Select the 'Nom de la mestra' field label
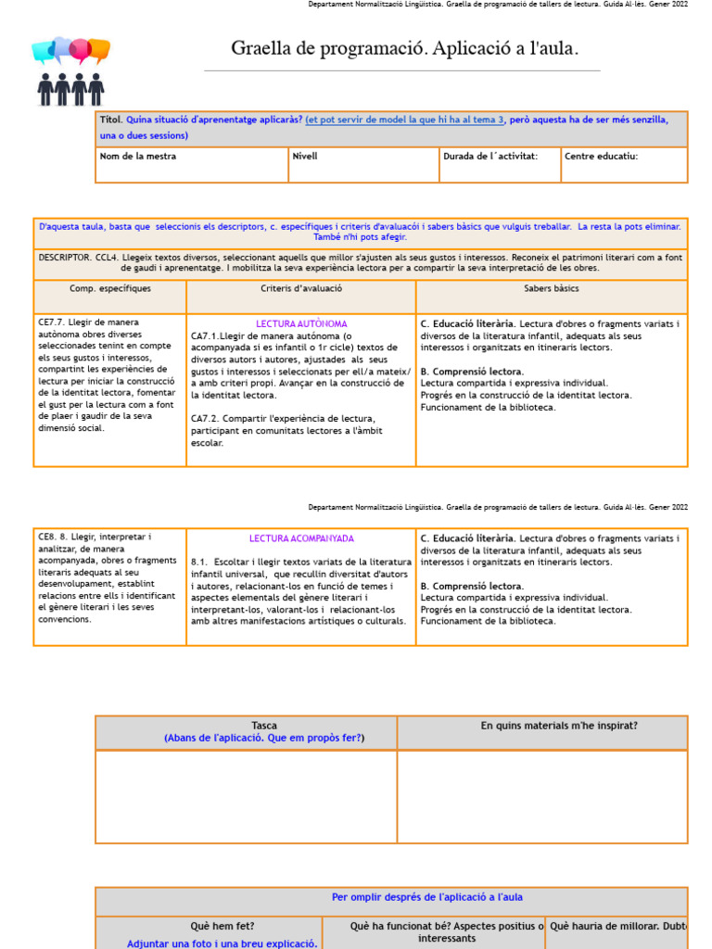[137, 156]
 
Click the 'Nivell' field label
[305, 156]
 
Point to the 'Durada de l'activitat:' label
[490, 156]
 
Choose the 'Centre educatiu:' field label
[601, 156]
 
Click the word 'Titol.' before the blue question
[110, 120]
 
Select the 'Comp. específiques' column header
[110, 289]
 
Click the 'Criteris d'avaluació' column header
[301, 289]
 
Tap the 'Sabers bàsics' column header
[552, 289]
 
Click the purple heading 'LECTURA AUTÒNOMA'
[301, 323]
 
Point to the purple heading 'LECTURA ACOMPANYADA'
[301, 538]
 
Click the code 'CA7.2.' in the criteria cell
[206, 419]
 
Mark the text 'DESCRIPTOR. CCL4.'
[77, 256]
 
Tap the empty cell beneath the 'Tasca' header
[247, 796]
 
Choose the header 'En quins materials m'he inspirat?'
[559, 726]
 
